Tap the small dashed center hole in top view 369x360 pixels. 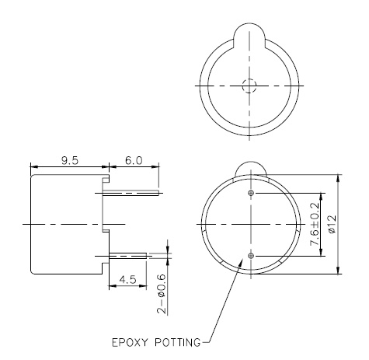249,86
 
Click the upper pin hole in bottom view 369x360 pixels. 249,192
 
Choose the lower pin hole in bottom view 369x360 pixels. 249,255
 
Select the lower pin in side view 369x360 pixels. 128,254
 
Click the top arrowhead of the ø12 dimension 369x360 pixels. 337,177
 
